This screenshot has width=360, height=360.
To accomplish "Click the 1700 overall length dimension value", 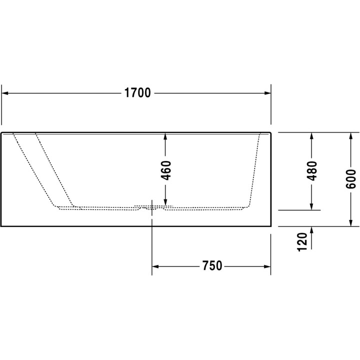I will (137, 93).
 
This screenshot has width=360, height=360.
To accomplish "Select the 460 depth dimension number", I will (166, 170).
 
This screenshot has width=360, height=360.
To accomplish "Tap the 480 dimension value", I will (312, 171).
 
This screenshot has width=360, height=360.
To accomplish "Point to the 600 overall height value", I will (350, 178).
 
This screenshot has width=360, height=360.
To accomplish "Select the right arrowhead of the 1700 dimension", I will (267, 93).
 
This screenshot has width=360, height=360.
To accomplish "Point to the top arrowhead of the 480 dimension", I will (312, 136).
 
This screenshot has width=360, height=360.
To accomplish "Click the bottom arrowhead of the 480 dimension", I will (312, 206).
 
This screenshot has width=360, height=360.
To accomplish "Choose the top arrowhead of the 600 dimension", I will (350, 136).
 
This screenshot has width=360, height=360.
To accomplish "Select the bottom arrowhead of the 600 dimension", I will (350, 222).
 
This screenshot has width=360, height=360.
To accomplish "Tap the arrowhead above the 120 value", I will (312, 230).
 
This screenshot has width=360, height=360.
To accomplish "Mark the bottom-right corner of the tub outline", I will (270, 226).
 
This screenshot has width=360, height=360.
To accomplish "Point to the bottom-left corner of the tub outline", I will (1, 226).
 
